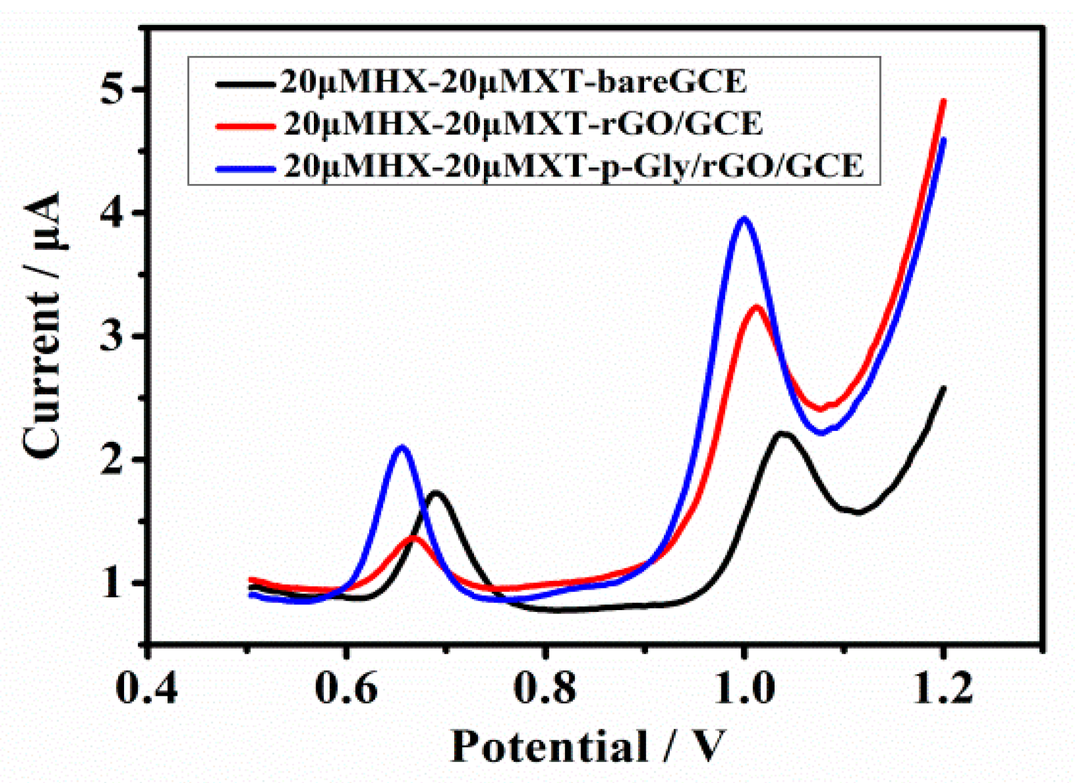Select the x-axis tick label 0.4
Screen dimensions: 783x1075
pos(146,688)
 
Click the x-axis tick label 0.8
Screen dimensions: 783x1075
pos(544,688)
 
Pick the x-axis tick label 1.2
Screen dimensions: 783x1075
pos(942,688)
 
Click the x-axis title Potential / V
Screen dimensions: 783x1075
pos(588,746)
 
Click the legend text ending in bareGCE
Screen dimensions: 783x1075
pos(512,82)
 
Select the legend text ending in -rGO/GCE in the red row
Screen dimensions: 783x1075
pos(523,123)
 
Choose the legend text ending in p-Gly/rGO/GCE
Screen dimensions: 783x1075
pos(573,166)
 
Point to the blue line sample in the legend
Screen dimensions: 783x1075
pos(245,169)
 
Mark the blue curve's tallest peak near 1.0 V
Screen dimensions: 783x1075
pos(743,219)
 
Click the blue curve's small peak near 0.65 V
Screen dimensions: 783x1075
pos(401,447)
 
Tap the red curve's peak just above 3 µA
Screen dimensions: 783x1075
pos(756,307)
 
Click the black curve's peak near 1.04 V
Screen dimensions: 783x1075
pos(783,433)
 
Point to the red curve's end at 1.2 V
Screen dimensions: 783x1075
pos(943,101)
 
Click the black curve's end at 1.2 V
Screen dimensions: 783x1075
pos(943,388)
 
